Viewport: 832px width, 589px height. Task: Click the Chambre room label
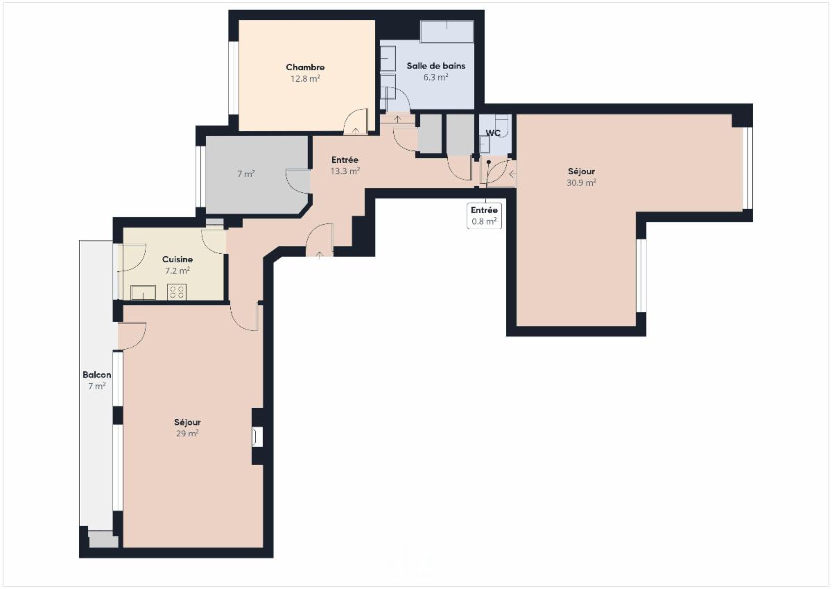305,67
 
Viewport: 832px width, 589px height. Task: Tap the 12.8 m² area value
305,79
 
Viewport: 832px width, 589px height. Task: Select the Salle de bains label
435,66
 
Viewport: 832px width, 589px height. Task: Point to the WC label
493,133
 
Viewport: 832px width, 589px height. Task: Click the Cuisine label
177,259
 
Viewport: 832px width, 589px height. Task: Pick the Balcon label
96,375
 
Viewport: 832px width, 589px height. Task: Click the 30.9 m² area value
581,183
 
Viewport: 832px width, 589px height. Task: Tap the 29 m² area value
187,434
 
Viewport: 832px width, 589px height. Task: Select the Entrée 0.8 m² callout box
484,216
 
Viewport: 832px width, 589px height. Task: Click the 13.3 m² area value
345,171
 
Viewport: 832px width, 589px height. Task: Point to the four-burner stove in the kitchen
176,291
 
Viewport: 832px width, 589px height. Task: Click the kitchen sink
143,293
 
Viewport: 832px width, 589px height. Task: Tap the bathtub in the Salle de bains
447,31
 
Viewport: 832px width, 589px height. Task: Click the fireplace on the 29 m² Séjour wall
257,436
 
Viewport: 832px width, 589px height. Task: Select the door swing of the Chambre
356,121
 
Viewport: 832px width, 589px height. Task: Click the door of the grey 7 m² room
297,181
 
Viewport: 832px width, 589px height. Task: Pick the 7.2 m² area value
177,271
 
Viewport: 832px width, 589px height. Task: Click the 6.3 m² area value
435,77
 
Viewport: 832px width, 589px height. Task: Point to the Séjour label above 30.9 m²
581,171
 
